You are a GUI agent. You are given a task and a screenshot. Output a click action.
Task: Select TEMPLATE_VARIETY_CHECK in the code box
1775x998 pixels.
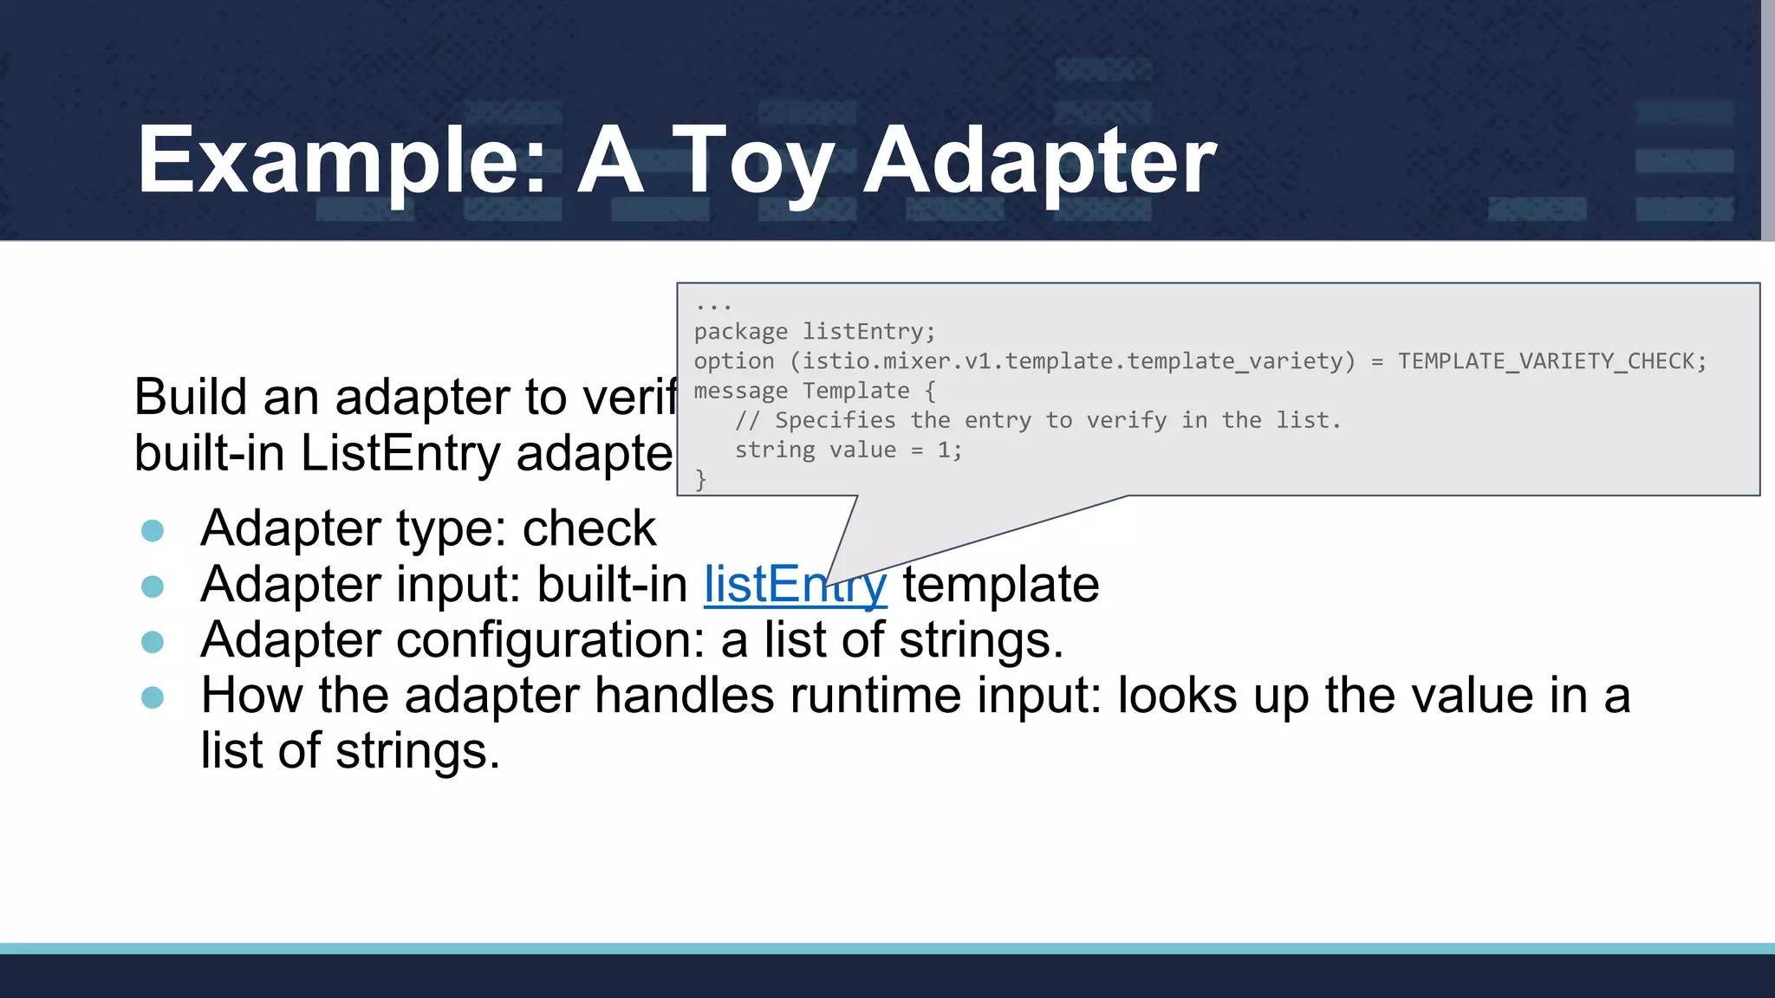[1551, 361]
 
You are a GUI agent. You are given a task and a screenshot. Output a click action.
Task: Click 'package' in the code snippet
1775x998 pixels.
[741, 332]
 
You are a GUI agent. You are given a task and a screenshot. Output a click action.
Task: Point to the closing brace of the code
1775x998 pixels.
[701, 479]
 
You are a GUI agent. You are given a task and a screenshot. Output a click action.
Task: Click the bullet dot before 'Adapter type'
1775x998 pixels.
[153, 530]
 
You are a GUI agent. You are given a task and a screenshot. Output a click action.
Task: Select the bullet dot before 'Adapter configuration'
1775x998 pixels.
[153, 642]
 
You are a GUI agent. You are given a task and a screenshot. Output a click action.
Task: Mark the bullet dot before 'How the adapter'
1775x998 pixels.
[153, 697]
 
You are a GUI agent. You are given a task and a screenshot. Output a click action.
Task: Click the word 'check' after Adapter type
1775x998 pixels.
[589, 528]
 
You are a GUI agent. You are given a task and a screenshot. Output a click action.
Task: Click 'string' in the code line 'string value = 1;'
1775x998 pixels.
[775, 450]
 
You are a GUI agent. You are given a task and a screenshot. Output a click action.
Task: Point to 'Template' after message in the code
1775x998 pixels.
[855, 391]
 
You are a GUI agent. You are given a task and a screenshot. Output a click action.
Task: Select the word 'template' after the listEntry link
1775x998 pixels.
[1001, 585]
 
